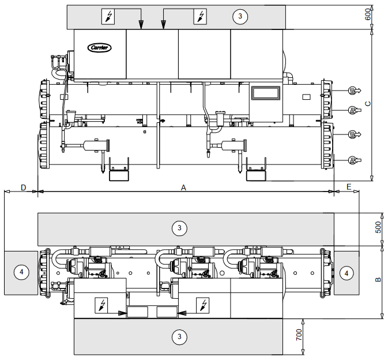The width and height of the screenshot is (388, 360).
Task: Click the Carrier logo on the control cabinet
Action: coord(100,47)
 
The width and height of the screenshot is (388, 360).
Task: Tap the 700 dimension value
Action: coord(299,336)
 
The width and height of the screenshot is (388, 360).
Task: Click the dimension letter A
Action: coord(184,187)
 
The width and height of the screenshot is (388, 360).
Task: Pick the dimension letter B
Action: coord(378,280)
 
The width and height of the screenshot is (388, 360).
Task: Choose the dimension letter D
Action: coord(23,187)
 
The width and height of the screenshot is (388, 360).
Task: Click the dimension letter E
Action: coord(349,187)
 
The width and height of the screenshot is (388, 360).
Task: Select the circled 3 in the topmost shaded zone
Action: coord(240,17)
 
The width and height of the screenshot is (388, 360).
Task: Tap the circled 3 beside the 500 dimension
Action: coord(180,228)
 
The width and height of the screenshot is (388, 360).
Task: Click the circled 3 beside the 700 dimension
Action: coord(180,335)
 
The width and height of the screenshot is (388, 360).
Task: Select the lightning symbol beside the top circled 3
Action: coord(200,17)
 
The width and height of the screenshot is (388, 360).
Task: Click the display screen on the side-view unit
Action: coord(265,93)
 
